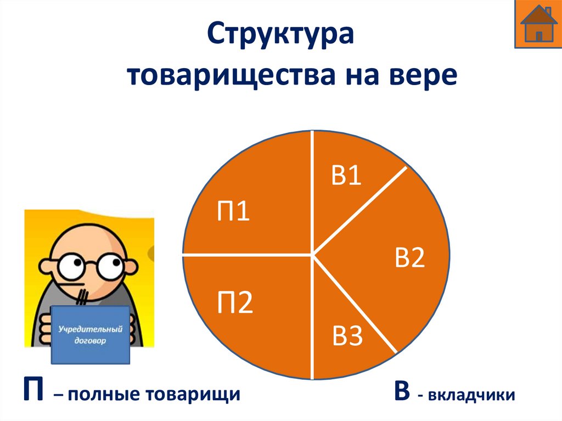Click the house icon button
538,24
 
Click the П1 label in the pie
233,212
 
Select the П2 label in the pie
235,304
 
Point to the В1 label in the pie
346,176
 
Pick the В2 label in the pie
410,257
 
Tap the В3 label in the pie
347,336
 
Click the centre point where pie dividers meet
313,254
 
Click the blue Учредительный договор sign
91,334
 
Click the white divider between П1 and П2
247,255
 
